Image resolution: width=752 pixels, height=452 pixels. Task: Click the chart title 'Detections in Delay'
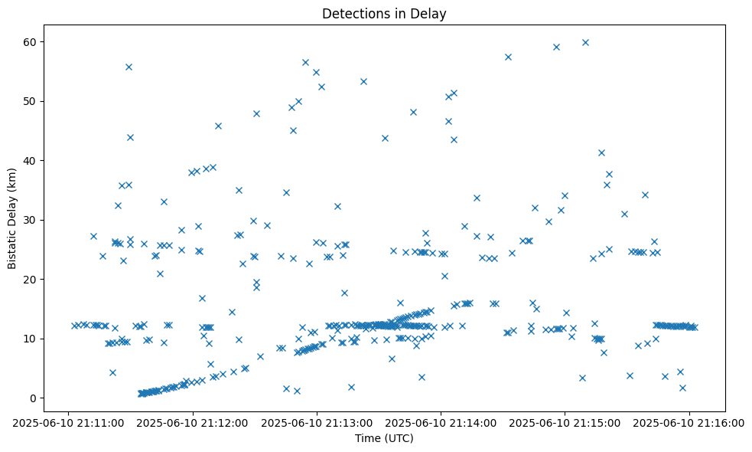click(384, 13)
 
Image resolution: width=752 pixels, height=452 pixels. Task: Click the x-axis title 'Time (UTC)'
click(384, 438)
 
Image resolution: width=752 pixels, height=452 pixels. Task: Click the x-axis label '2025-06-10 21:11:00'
click(69, 421)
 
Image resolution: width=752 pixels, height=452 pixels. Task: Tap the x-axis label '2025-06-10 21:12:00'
click(193, 421)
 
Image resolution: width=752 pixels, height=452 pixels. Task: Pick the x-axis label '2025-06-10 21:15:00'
click(565, 421)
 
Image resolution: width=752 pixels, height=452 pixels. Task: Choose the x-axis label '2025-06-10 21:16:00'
click(689, 421)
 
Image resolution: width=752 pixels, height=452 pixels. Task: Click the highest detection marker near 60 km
click(585, 42)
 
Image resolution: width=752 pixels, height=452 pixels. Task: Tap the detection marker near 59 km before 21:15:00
click(556, 47)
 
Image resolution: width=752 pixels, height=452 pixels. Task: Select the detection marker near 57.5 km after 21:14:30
click(508, 57)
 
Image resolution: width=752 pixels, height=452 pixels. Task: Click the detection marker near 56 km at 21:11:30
click(129, 67)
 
